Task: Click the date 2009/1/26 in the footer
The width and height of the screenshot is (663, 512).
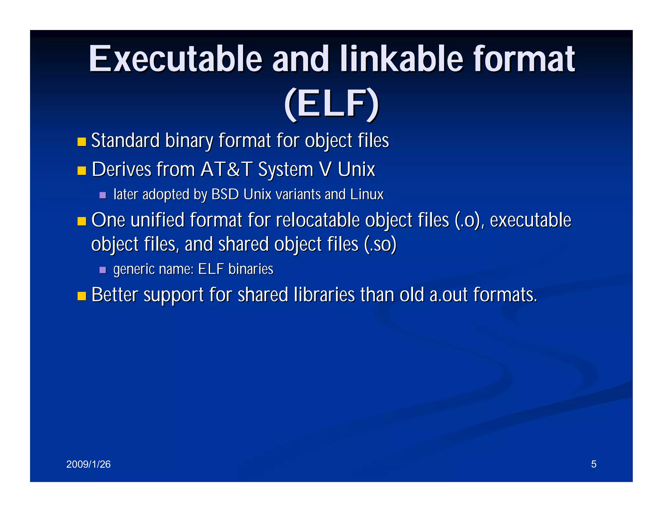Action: click(x=88, y=464)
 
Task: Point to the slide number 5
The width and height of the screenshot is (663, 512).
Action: click(x=593, y=464)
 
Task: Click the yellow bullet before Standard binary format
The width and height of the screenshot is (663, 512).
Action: click(x=82, y=142)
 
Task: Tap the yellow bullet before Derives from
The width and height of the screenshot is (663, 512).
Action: click(x=82, y=171)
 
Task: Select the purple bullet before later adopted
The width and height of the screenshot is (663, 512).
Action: click(x=103, y=195)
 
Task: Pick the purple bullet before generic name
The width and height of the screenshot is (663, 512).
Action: click(x=103, y=270)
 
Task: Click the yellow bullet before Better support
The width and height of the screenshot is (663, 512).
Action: click(x=82, y=296)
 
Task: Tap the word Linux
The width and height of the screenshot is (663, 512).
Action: click(x=367, y=195)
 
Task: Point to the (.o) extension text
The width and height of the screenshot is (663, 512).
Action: click(x=469, y=221)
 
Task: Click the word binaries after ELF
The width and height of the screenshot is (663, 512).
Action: click(x=251, y=269)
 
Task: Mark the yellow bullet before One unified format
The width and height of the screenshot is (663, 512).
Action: click(x=82, y=221)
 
